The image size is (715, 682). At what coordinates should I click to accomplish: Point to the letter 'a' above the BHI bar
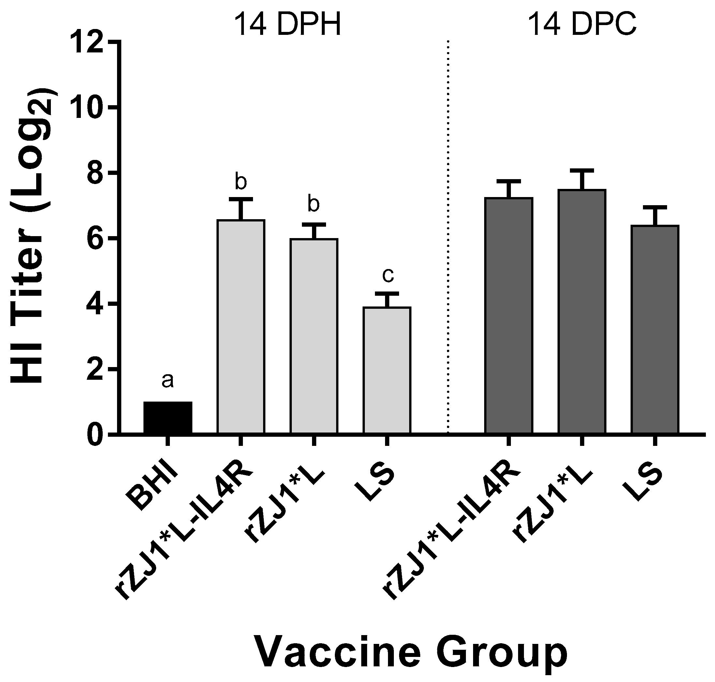click(x=167, y=381)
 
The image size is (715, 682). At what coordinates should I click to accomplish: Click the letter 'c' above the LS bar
click(x=388, y=275)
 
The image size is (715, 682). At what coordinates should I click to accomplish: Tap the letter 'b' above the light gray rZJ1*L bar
click(x=314, y=204)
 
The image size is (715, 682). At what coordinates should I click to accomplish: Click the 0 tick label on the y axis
click(x=95, y=435)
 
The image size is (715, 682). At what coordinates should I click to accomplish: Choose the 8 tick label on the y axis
click(x=95, y=173)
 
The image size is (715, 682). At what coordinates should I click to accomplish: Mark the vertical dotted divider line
click(x=448, y=236)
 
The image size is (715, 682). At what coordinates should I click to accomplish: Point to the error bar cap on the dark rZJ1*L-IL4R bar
click(x=509, y=181)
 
